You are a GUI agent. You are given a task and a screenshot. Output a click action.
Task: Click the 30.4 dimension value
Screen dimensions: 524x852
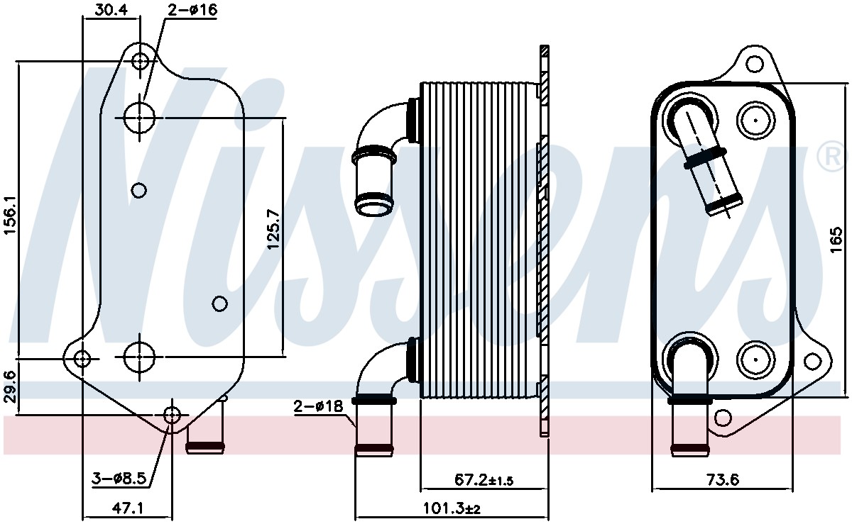(x=112, y=9)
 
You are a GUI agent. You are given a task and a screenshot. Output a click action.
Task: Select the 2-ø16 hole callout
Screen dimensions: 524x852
(x=192, y=10)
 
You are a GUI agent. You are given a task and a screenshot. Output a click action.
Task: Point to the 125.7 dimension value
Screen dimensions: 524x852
(x=273, y=229)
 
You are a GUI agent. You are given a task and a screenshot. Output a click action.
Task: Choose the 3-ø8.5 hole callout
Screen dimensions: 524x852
(x=119, y=479)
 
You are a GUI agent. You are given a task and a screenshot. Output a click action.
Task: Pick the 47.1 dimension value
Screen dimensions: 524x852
(x=128, y=508)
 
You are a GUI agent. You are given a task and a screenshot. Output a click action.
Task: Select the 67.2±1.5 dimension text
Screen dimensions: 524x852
(x=484, y=481)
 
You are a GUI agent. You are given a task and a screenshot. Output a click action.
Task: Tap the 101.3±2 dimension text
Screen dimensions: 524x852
(x=451, y=508)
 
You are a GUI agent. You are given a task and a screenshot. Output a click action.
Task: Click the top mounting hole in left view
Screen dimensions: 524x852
(x=141, y=60)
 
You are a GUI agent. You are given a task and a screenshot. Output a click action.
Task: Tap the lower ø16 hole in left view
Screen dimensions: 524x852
(x=140, y=357)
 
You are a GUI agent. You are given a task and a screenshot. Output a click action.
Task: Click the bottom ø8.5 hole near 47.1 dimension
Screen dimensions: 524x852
(x=172, y=416)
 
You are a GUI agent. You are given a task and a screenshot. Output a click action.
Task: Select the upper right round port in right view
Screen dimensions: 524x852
(x=754, y=121)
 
